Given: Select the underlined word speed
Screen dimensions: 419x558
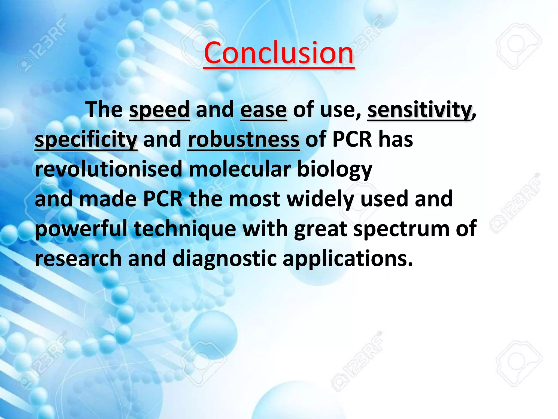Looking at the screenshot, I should click(x=159, y=110).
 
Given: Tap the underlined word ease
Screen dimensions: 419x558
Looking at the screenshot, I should click(x=263, y=110).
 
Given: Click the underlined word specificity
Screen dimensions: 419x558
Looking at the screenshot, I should click(x=86, y=140).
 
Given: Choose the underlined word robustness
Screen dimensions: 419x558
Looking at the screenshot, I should click(x=244, y=140).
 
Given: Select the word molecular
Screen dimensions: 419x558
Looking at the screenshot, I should click(x=240, y=169).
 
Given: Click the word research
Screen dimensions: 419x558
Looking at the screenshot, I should click(x=78, y=258).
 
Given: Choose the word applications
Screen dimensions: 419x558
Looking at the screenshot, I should click(x=348, y=259).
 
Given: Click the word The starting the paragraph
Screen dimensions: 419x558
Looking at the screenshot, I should click(x=104, y=110).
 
